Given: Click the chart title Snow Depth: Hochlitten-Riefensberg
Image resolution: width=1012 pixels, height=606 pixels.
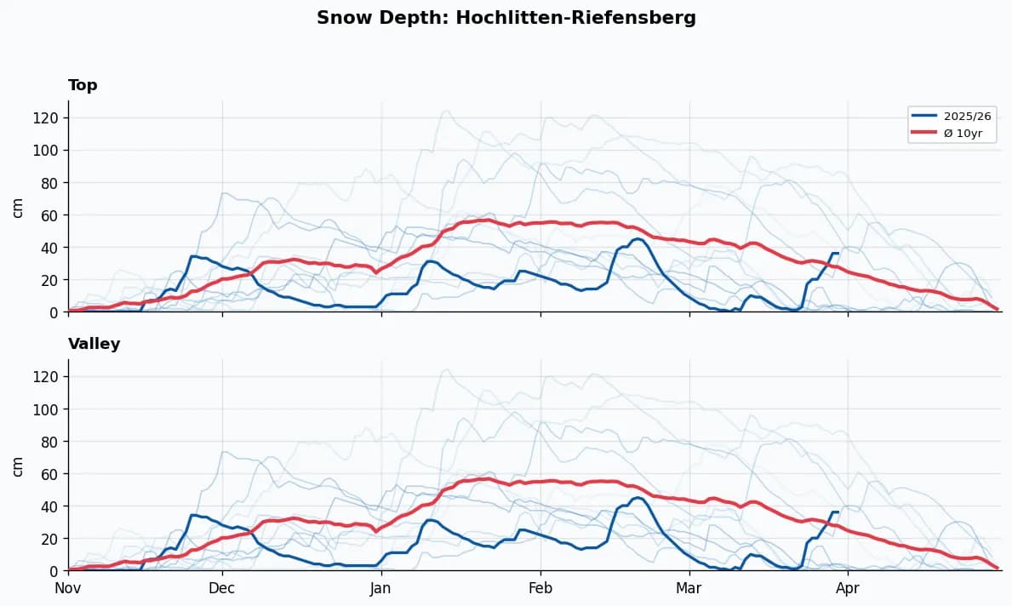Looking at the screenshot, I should click(x=506, y=18).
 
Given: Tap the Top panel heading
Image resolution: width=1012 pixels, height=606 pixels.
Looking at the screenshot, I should click(x=83, y=85).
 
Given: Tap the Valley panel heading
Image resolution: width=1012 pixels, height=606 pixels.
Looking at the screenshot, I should click(x=94, y=344).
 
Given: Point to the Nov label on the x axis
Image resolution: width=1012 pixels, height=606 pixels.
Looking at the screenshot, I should click(x=68, y=588).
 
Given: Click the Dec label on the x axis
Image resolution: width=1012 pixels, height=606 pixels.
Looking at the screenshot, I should click(x=222, y=588).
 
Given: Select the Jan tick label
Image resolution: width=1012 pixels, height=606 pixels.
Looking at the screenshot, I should click(x=381, y=588).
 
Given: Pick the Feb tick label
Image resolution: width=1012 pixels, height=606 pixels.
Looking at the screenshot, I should click(x=540, y=588).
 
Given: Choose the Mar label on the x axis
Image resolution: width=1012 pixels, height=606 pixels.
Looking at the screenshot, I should click(x=689, y=588).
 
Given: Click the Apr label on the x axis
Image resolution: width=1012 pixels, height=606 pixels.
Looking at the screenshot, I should click(x=848, y=588).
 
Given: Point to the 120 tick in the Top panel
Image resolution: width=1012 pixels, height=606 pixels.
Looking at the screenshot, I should click(x=46, y=117).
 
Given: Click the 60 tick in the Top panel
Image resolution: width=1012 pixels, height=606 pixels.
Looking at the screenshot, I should click(x=49, y=215).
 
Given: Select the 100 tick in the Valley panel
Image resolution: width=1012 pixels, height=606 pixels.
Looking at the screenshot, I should click(x=46, y=409).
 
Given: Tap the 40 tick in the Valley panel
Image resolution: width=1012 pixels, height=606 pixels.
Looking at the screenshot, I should click(x=49, y=506).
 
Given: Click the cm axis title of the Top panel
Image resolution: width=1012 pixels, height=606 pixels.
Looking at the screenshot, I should click(x=18, y=207).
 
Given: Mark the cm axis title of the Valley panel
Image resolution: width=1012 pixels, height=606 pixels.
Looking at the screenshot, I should click(x=18, y=466).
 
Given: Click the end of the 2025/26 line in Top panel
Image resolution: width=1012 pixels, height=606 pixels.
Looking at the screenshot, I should click(x=838, y=254).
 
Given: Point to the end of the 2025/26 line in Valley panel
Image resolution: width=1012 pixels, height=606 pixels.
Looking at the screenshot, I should click(x=838, y=512).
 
